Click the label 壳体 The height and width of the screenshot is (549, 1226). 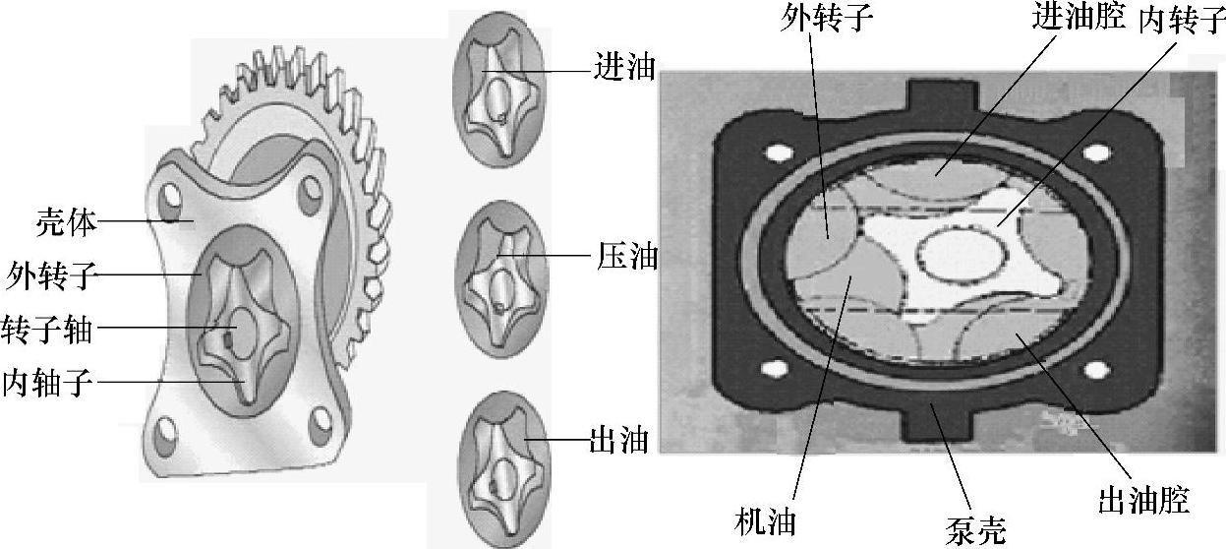tap(66, 222)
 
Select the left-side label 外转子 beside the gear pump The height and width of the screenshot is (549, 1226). tap(50, 275)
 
